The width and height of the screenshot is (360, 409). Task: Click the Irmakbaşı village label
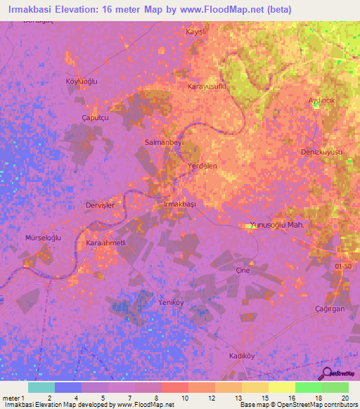click(x=179, y=204)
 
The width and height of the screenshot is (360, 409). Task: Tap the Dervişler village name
click(x=99, y=204)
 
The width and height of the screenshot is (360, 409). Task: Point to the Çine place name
click(x=243, y=270)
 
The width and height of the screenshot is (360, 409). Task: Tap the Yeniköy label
click(x=169, y=303)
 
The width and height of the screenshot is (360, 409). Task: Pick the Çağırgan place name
click(x=330, y=310)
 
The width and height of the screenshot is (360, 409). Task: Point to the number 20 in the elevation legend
click(x=345, y=398)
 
